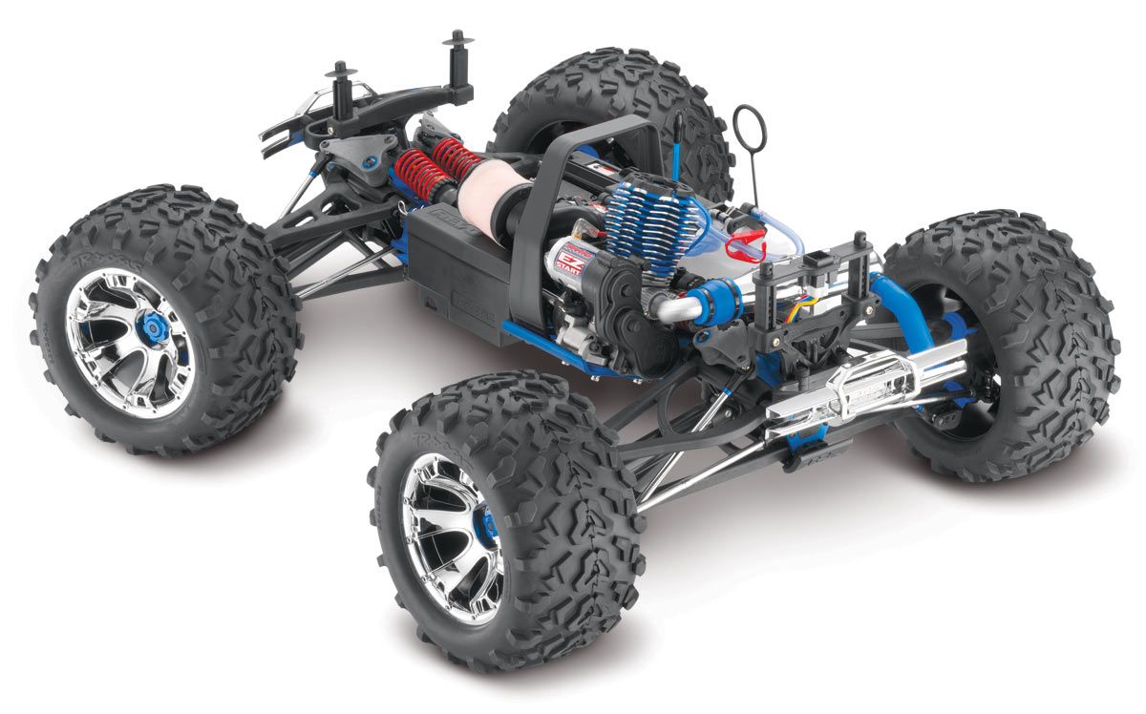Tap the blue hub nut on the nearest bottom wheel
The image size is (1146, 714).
pos(486,525)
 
